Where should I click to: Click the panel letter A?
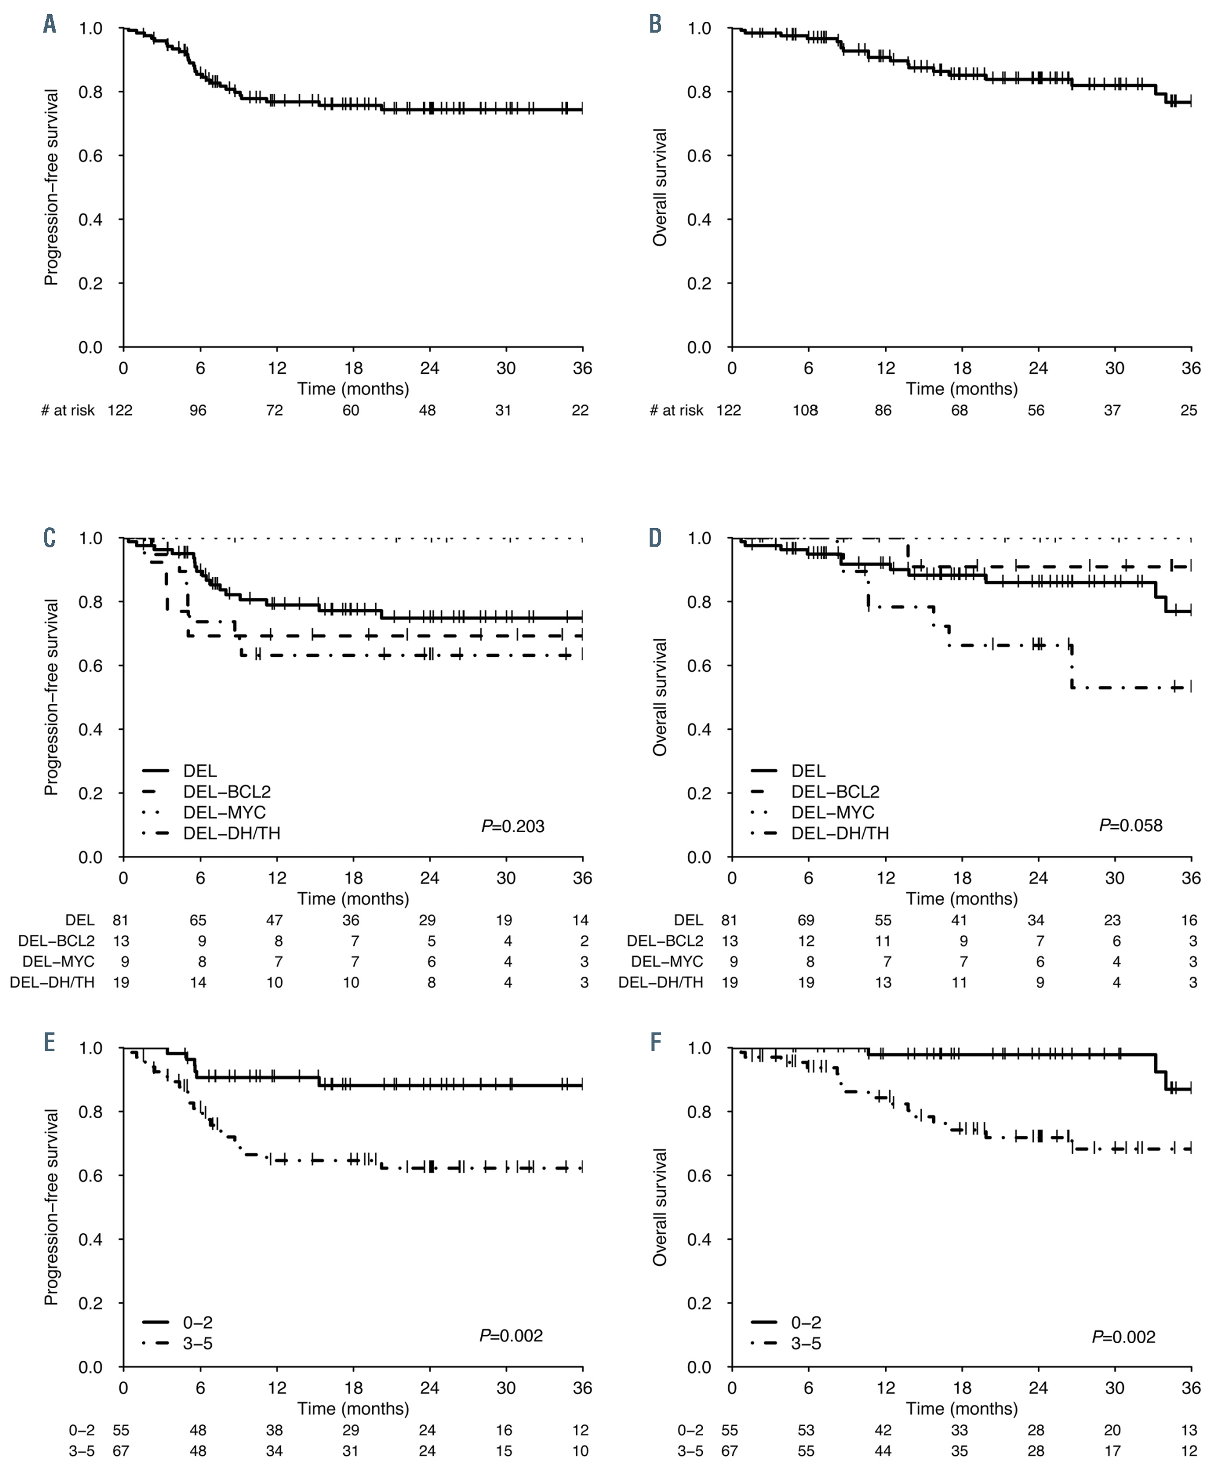pos(50,24)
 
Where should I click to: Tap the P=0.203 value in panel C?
pos(513,826)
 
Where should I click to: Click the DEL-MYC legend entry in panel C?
pos(224,812)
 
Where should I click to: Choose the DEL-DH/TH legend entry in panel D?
pos(840,833)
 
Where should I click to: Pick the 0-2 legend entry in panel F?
pos(806,1322)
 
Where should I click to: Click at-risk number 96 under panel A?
pos(198,411)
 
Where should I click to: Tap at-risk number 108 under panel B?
pos(805,411)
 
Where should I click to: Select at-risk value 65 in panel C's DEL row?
pos(198,920)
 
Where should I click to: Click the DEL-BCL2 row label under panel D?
pos(665,940)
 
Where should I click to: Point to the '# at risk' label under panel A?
pos(68,411)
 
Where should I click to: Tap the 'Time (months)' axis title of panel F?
pos(962,1409)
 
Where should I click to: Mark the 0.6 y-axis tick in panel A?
pos(91,156)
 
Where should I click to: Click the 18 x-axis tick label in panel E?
pos(353,1387)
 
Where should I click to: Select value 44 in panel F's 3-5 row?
pos(883,1451)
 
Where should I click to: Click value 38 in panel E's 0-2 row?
pos(275,1430)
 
